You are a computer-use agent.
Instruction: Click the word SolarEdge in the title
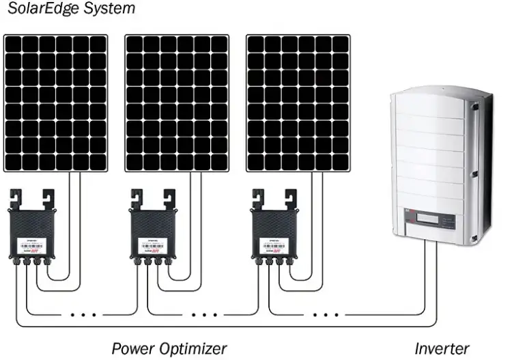click(x=52, y=10)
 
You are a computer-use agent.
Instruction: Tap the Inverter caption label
click(x=442, y=348)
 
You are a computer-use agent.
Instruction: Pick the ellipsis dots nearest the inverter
click(x=328, y=315)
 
